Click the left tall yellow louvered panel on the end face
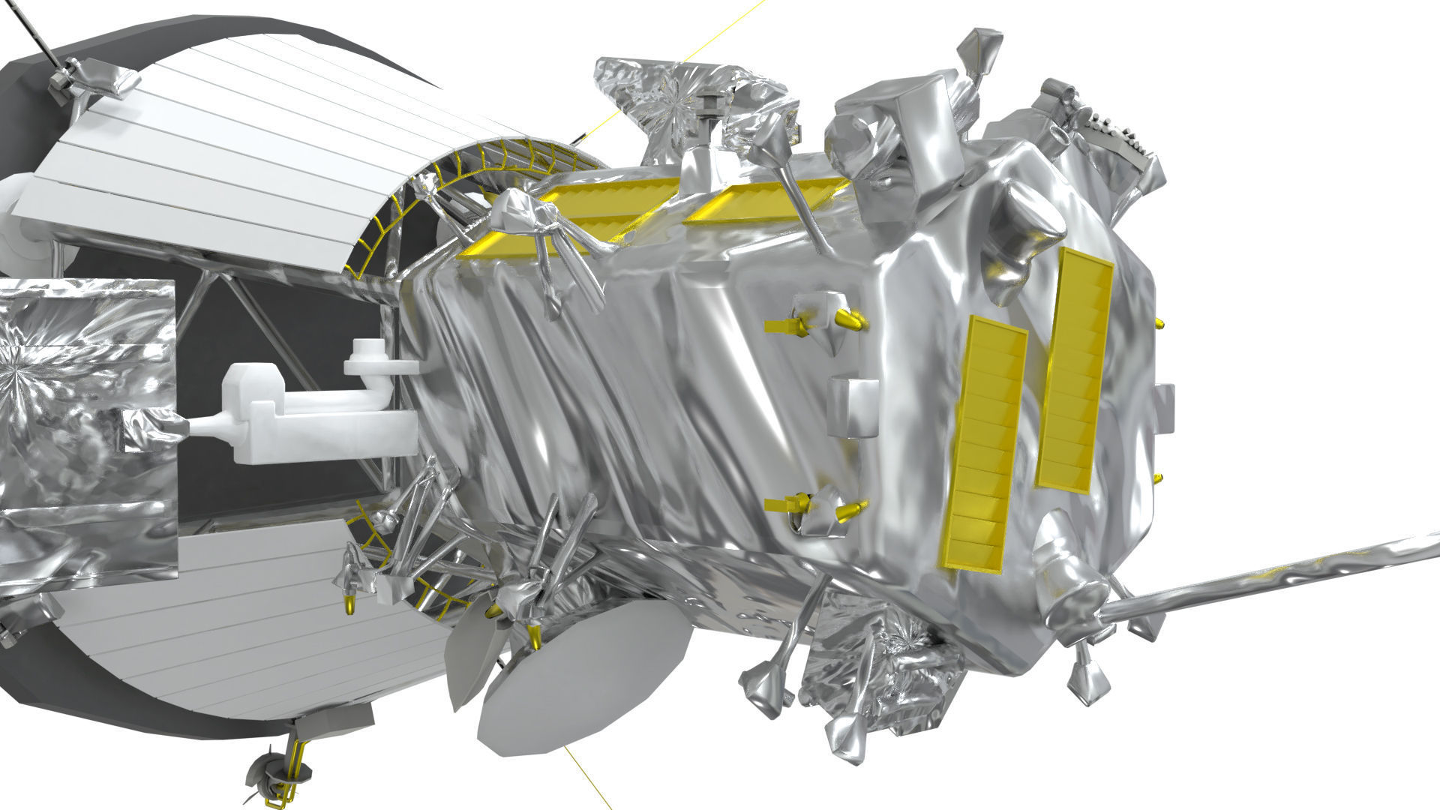click(x=984, y=442)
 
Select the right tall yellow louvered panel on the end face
click(x=1074, y=371)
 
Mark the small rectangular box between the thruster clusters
click(x=852, y=407)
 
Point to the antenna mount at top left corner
click(x=90, y=82)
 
